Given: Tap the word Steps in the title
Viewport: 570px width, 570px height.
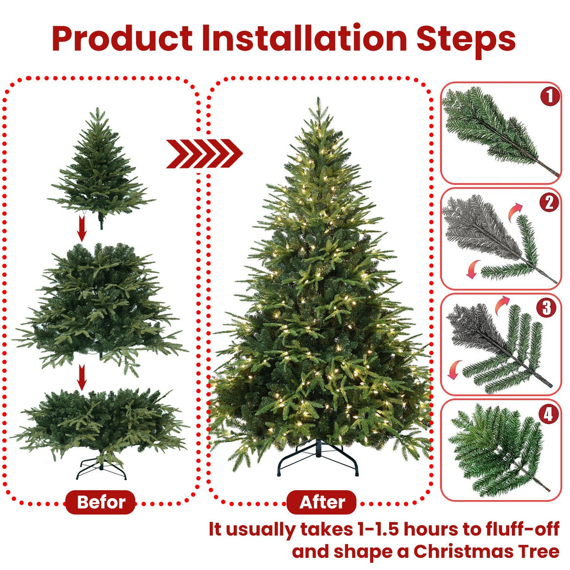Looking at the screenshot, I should (466, 39).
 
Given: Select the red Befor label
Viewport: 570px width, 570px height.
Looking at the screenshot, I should (101, 502).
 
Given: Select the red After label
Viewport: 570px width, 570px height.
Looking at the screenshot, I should (322, 502).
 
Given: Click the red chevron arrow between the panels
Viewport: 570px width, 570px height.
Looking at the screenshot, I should (204, 154).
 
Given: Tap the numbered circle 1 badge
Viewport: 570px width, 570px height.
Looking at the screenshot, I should (550, 96).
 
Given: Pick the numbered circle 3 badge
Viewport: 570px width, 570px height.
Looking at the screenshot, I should (547, 308).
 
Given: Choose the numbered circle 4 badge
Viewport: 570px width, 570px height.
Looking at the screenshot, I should (548, 414).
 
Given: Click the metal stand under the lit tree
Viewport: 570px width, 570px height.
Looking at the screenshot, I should (318, 458).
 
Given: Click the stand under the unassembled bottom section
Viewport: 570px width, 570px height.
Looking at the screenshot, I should (101, 469).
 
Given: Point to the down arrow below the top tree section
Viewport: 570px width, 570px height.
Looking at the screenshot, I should (82, 229).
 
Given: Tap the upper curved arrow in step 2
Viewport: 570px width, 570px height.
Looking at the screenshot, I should (515, 210).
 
